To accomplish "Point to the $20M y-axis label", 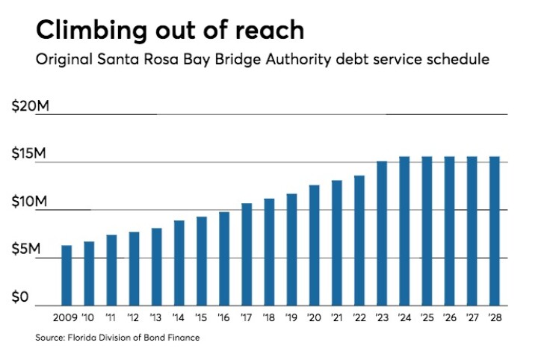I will [31, 107].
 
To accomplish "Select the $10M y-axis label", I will [31, 202].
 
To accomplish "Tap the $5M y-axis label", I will [29, 250].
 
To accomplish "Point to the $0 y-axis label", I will [21, 298].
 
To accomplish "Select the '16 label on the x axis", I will [224, 317].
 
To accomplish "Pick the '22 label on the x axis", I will [359, 317].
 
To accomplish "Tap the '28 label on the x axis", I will [494, 317].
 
